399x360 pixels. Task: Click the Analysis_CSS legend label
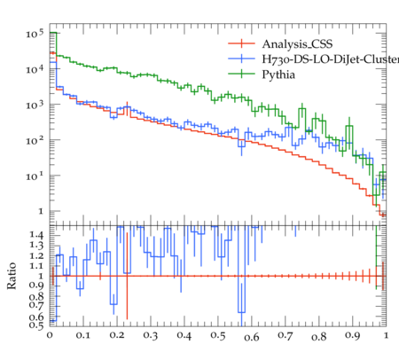click(297, 44)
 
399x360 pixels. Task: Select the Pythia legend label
click(278, 74)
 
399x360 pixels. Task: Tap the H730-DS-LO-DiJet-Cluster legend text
click(331, 59)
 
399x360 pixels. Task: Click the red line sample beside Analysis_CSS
click(241, 43)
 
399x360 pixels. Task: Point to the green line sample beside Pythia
click(241, 74)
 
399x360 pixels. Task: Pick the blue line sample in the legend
click(241, 59)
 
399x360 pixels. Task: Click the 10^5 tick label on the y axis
click(35, 33)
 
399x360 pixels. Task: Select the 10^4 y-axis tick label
click(35, 69)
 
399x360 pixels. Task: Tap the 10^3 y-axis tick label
click(35, 105)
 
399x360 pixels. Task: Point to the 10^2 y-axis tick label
click(35, 140)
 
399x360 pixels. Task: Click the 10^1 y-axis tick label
click(35, 176)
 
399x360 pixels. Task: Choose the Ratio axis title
click(12, 276)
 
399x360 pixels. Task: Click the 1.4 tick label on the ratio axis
click(36, 235)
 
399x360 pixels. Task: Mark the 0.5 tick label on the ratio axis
click(36, 325)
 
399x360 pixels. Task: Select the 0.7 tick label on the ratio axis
click(36, 304)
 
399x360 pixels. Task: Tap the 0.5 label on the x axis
click(218, 336)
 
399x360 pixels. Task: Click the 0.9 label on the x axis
click(353, 336)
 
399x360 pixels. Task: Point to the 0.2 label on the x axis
click(117, 336)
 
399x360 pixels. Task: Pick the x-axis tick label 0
click(50, 335)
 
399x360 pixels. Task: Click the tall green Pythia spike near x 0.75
click(301, 118)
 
